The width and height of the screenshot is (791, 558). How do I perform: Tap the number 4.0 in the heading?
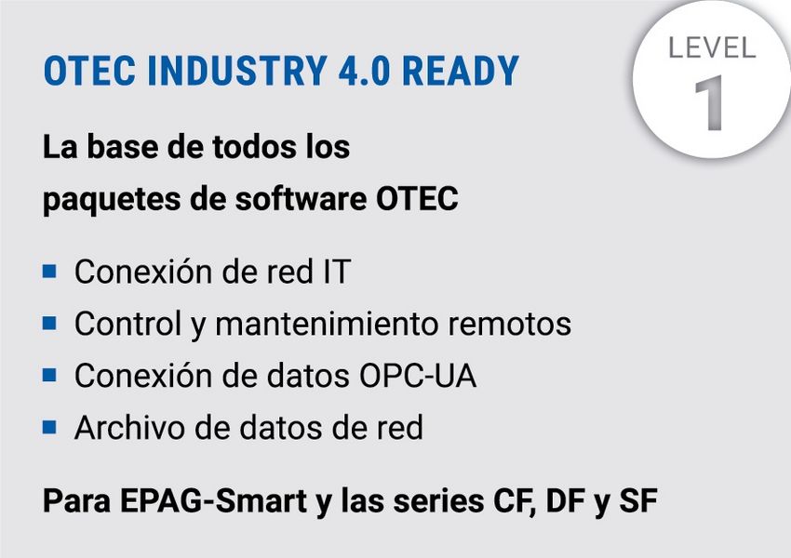point(364,71)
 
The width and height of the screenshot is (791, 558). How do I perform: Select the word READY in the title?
point(461,71)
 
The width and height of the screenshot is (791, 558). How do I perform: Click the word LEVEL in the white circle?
point(712,48)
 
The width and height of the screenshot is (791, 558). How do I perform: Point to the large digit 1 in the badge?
point(710,103)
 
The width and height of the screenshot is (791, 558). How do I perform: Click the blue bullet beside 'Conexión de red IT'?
point(49,272)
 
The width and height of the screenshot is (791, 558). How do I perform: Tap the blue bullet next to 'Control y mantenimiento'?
point(49,323)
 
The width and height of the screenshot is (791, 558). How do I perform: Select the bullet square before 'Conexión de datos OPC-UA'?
point(49,375)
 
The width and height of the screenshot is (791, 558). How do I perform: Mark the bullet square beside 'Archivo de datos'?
point(49,427)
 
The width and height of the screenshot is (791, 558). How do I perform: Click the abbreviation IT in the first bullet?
point(337,272)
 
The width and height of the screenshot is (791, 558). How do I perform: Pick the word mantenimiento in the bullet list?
point(327,324)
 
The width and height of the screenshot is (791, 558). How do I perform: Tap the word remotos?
point(510,324)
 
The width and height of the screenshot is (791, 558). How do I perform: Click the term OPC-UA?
point(417,376)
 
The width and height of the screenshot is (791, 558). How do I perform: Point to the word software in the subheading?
point(301,199)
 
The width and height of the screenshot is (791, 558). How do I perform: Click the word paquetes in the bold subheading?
point(111,200)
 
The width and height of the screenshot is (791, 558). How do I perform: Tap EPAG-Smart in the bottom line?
point(213,501)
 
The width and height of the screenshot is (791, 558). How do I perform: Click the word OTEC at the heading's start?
point(89,71)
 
